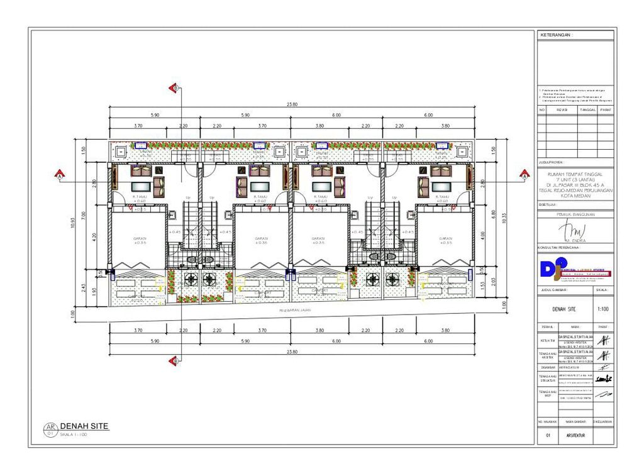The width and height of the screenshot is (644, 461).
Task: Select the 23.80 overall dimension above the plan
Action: (x=292, y=104)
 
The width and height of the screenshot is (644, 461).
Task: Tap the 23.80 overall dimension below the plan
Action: (x=292, y=351)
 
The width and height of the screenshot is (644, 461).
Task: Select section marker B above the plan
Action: (x=175, y=88)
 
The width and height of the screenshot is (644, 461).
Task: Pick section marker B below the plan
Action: (x=175, y=360)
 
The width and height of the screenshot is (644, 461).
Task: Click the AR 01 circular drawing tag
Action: (x=50, y=430)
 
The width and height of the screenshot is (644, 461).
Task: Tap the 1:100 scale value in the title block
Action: (x=602, y=309)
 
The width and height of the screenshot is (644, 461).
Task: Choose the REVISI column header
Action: (x=562, y=109)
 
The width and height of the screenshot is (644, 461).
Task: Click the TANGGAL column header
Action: (x=587, y=109)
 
